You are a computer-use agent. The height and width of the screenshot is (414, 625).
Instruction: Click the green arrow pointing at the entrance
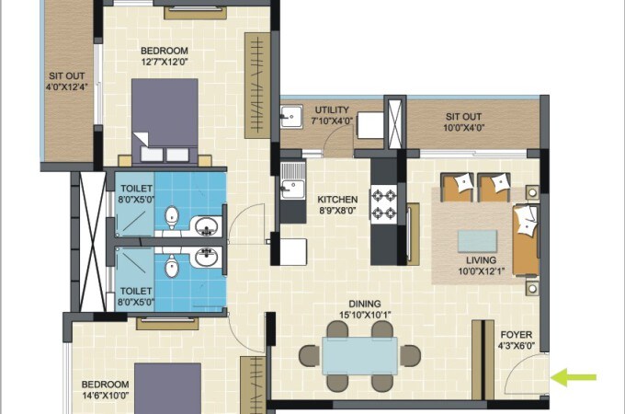(x=574, y=376)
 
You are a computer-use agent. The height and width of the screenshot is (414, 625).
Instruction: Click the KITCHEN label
(x=337, y=199)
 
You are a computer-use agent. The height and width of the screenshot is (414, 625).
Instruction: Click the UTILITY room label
(x=332, y=109)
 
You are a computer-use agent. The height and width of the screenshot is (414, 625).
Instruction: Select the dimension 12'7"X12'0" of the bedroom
(x=165, y=63)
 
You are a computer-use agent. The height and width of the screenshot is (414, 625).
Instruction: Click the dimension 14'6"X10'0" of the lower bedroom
(x=104, y=395)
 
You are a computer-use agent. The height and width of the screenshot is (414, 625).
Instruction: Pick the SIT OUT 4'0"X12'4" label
(x=66, y=82)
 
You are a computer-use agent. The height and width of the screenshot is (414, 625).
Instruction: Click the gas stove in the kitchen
(x=381, y=205)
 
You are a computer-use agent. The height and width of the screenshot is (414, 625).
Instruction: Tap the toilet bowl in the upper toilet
(x=171, y=217)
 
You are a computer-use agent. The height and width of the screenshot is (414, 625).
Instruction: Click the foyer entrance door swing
(x=531, y=375)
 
